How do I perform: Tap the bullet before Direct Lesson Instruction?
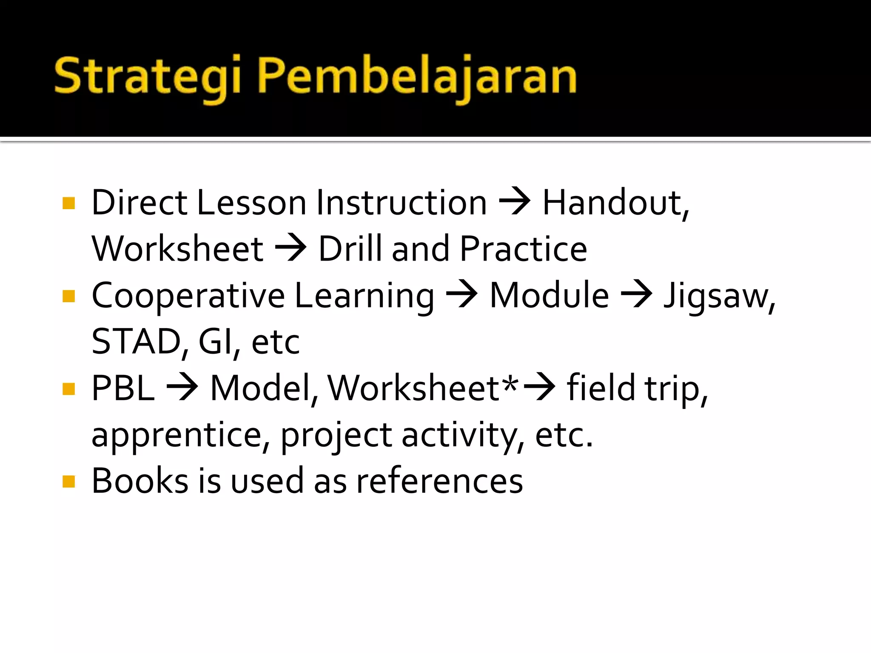coord(68,203)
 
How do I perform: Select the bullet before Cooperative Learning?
coord(68,296)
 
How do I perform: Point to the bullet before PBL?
coord(68,389)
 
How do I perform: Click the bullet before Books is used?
coord(68,482)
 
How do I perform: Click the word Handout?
coord(614,203)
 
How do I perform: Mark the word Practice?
coord(524,249)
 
